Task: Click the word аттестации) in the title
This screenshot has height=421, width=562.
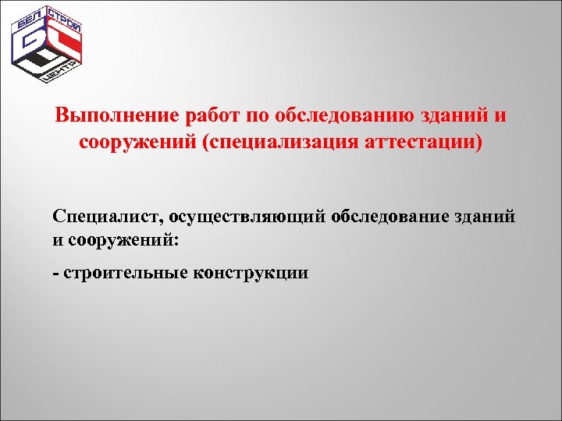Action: [418, 143]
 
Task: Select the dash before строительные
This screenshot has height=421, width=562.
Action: [56, 274]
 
